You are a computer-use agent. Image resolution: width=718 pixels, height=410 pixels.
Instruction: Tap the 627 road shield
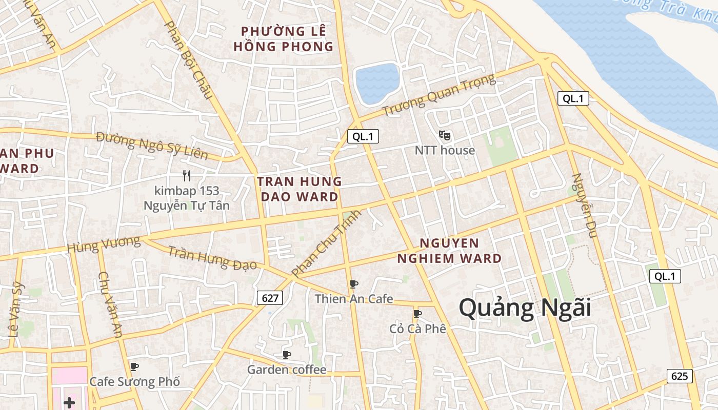270,298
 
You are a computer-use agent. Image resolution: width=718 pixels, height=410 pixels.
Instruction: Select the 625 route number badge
680,376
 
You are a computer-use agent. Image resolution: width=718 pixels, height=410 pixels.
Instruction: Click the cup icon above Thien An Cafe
353,284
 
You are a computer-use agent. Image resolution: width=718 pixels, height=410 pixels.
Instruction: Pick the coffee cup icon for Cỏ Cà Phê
417,313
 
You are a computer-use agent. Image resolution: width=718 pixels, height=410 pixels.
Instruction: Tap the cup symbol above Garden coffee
287,355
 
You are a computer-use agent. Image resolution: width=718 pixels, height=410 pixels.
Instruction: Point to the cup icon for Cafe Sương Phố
134,366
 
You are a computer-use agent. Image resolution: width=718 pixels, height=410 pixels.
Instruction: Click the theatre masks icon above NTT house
445,135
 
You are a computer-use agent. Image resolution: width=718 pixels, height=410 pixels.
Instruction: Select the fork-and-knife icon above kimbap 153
187,176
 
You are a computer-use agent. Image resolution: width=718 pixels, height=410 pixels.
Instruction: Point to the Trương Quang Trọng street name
439,95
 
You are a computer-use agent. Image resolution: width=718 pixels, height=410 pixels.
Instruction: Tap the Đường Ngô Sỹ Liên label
152,146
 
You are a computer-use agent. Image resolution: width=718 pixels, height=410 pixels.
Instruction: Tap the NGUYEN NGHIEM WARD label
449,251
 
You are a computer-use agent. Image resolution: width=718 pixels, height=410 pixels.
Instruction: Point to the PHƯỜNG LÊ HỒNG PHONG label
284,39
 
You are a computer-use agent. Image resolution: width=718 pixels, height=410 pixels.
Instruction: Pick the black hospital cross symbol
69,403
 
